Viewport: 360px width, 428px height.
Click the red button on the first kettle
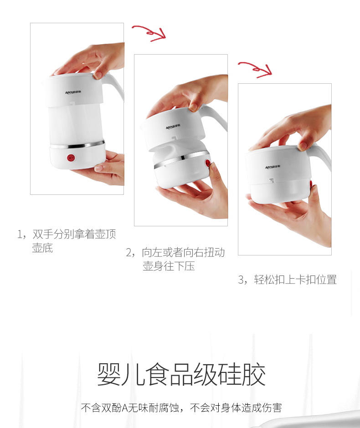pos(71,158)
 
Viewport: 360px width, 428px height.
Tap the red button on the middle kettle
pos(208,163)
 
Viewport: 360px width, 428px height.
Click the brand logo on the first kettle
pos(73,92)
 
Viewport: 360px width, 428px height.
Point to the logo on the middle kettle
pos(173,127)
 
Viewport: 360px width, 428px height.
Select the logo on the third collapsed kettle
pos(273,167)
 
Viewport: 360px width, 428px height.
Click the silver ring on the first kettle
pos(77,145)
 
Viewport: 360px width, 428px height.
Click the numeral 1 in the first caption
pos(20,234)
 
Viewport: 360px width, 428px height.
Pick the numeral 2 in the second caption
pos(129,253)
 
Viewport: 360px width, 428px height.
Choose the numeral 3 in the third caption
pos(241,280)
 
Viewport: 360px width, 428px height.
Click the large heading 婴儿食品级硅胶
pos(181,374)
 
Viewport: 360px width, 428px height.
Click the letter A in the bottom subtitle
pos(124,408)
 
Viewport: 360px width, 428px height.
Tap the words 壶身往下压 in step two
pos(169,266)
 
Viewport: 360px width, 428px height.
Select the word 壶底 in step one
pos(42,248)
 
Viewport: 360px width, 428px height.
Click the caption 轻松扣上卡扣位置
pos(295,280)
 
